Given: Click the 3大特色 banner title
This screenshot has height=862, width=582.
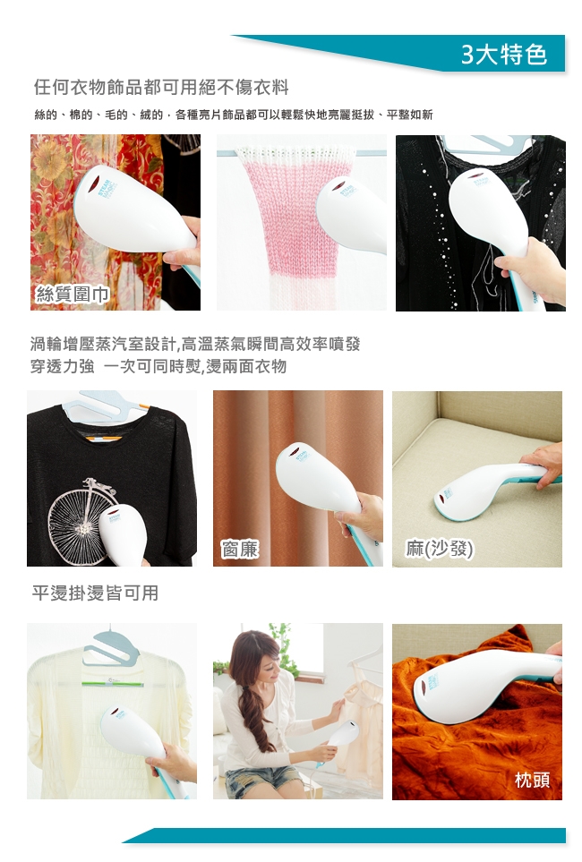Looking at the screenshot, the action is pyautogui.click(x=503, y=54).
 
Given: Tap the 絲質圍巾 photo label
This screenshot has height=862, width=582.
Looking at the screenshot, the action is pyautogui.click(x=72, y=294).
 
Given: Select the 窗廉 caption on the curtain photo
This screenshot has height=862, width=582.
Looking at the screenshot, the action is pyautogui.click(x=239, y=549).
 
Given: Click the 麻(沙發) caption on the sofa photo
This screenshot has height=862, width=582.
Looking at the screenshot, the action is pyautogui.click(x=439, y=549).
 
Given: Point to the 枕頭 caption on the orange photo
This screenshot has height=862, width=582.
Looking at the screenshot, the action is pyautogui.click(x=532, y=779).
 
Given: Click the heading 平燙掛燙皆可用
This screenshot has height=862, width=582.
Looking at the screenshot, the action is pyautogui.click(x=95, y=593).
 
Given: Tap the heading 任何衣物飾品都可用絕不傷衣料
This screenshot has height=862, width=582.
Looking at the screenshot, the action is pyautogui.click(x=161, y=87).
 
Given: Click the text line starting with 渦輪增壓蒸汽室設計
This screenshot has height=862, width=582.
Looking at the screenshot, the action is pyautogui.click(x=195, y=344).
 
